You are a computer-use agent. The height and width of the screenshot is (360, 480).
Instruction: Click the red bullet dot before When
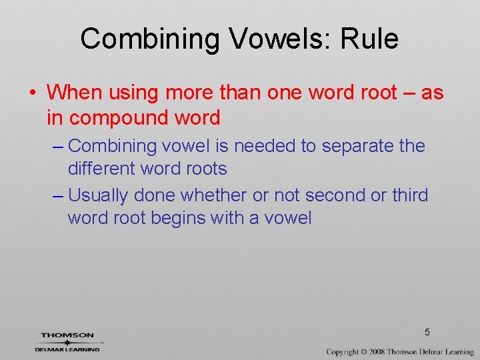[33, 93]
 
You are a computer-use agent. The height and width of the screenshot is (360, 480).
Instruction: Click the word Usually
[99, 195]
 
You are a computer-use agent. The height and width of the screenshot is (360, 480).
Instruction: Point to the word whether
[214, 195]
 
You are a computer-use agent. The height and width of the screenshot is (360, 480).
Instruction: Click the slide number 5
[427, 331]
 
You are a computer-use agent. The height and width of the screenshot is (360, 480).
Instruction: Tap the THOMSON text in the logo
[67, 335]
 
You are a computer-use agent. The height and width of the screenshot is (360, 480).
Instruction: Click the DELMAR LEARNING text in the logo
[67, 349]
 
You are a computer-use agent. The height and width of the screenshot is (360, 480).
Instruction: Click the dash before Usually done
[58, 195]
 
